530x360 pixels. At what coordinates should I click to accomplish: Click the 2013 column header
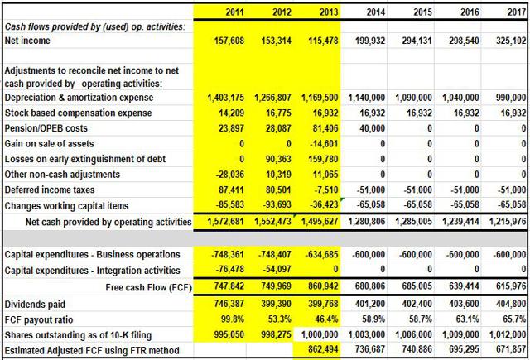point(329,12)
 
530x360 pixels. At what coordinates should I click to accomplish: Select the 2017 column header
point(517,12)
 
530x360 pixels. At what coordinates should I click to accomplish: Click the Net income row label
point(27,41)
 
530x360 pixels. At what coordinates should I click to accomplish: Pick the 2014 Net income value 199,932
point(370,41)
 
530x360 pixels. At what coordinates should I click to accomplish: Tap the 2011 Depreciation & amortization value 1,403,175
point(225,98)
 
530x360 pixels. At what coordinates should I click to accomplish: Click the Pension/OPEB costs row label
point(46,128)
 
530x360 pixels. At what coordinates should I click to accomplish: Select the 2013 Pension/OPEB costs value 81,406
point(325,128)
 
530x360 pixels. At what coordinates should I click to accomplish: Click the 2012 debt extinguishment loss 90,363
point(278,159)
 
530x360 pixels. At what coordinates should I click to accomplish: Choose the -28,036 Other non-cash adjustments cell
point(229,175)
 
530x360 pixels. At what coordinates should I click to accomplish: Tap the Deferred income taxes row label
point(50,190)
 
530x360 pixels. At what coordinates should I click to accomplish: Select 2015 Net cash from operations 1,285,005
point(414,222)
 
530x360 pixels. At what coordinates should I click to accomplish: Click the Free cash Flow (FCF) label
point(149,287)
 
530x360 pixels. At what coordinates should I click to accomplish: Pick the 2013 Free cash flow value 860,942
point(323,286)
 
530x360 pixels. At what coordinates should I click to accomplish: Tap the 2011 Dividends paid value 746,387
point(229,304)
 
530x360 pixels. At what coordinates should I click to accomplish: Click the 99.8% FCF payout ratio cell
point(233,319)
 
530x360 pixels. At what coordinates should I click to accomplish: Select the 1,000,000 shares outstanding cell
point(320,334)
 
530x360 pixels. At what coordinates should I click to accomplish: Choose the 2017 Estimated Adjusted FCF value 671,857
point(511,350)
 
